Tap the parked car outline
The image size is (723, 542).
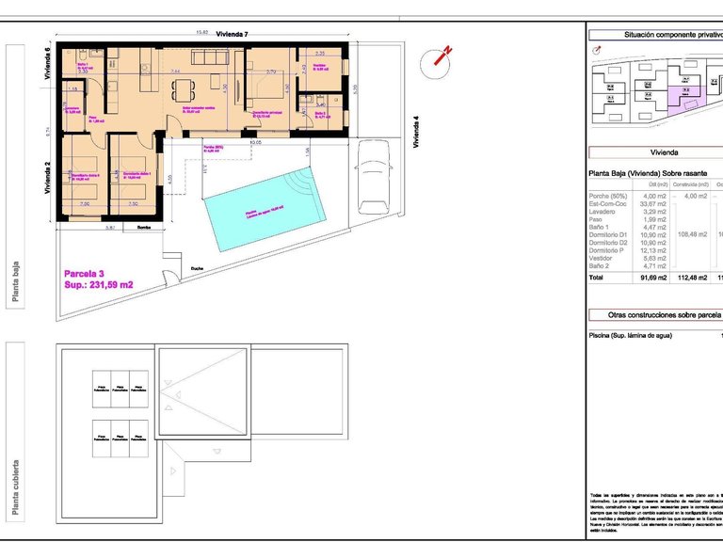click(375, 179)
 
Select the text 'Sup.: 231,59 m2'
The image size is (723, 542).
click(99, 283)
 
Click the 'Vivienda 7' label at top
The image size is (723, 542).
click(232, 34)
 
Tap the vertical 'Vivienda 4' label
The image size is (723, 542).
click(416, 132)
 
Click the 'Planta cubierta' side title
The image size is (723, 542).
click(16, 489)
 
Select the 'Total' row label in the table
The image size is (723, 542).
click(596, 278)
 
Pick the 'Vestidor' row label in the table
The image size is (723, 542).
click(602, 258)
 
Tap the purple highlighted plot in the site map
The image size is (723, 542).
click(686, 94)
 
